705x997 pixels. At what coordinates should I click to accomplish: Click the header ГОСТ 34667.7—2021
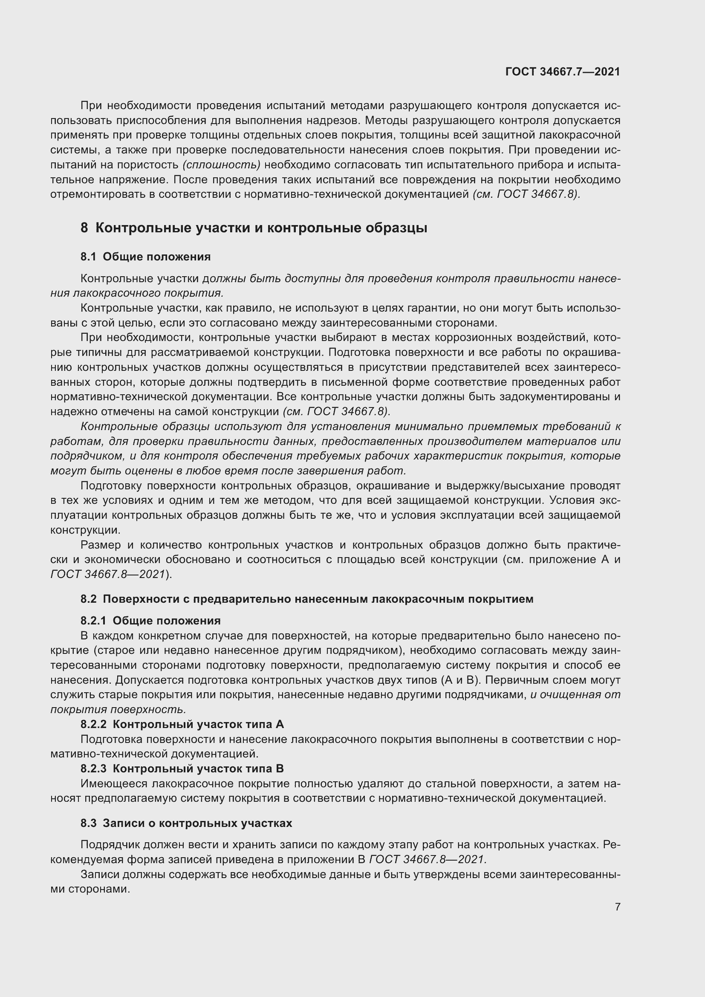(x=563, y=72)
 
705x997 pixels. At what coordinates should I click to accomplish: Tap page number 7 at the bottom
(x=617, y=907)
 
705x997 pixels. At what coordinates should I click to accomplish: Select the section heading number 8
(x=84, y=228)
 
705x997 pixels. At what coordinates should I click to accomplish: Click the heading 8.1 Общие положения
(x=145, y=257)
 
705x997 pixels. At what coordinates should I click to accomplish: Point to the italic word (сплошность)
(x=221, y=165)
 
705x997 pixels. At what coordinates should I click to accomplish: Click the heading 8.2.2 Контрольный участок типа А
(x=182, y=724)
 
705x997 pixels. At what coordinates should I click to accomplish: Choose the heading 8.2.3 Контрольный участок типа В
(x=182, y=769)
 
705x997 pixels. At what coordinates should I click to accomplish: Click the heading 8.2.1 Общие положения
(x=150, y=621)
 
